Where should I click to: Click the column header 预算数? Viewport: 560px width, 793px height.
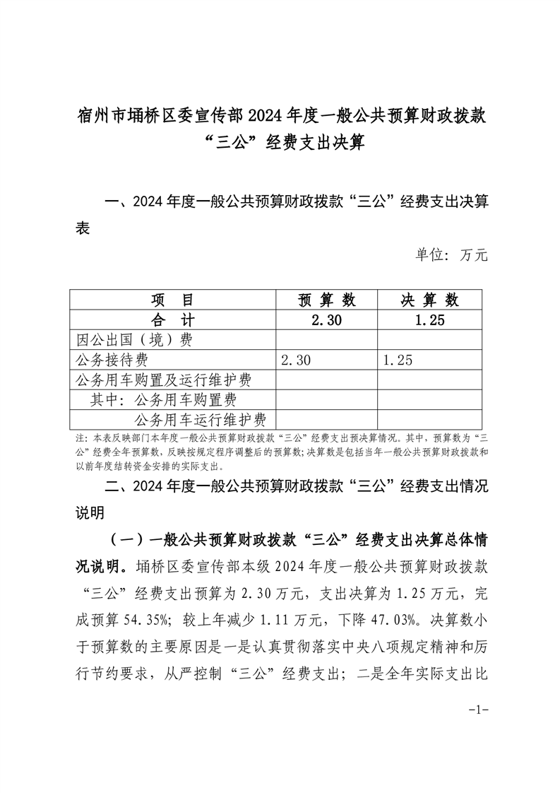[x=326, y=300]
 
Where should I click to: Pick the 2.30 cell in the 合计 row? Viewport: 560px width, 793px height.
[x=326, y=319]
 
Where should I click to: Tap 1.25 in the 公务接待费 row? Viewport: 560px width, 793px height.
[x=398, y=360]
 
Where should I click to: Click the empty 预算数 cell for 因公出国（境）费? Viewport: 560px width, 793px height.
[x=326, y=340]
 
